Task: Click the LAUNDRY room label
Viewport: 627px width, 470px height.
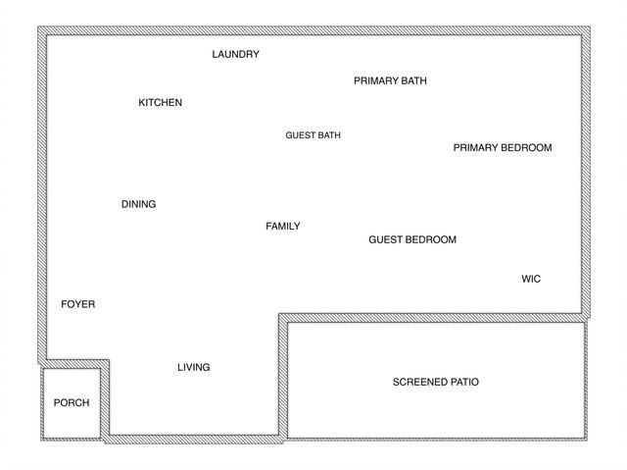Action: coord(236,54)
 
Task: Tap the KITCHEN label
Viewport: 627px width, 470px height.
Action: coord(160,102)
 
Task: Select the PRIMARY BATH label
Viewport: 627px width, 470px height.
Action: coord(390,80)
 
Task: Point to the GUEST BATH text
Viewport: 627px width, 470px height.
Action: coord(313,135)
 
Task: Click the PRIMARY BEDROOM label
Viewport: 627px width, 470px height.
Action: coord(503,148)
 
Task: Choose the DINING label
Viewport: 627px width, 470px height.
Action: coord(138,204)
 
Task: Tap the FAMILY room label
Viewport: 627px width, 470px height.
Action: coord(283,226)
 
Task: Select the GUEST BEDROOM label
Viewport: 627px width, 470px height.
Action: coord(412,239)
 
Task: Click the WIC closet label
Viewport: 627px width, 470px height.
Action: coord(531,279)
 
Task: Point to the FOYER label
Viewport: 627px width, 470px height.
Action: coord(78,304)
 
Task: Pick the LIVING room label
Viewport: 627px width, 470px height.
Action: coord(193,367)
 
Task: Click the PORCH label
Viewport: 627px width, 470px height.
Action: coord(72,402)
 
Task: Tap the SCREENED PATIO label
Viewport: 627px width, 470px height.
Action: coord(435,382)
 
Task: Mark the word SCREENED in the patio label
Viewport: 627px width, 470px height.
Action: coord(420,382)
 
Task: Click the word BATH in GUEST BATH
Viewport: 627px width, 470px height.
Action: coord(329,135)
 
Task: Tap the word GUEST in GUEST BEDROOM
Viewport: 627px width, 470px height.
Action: coord(385,239)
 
